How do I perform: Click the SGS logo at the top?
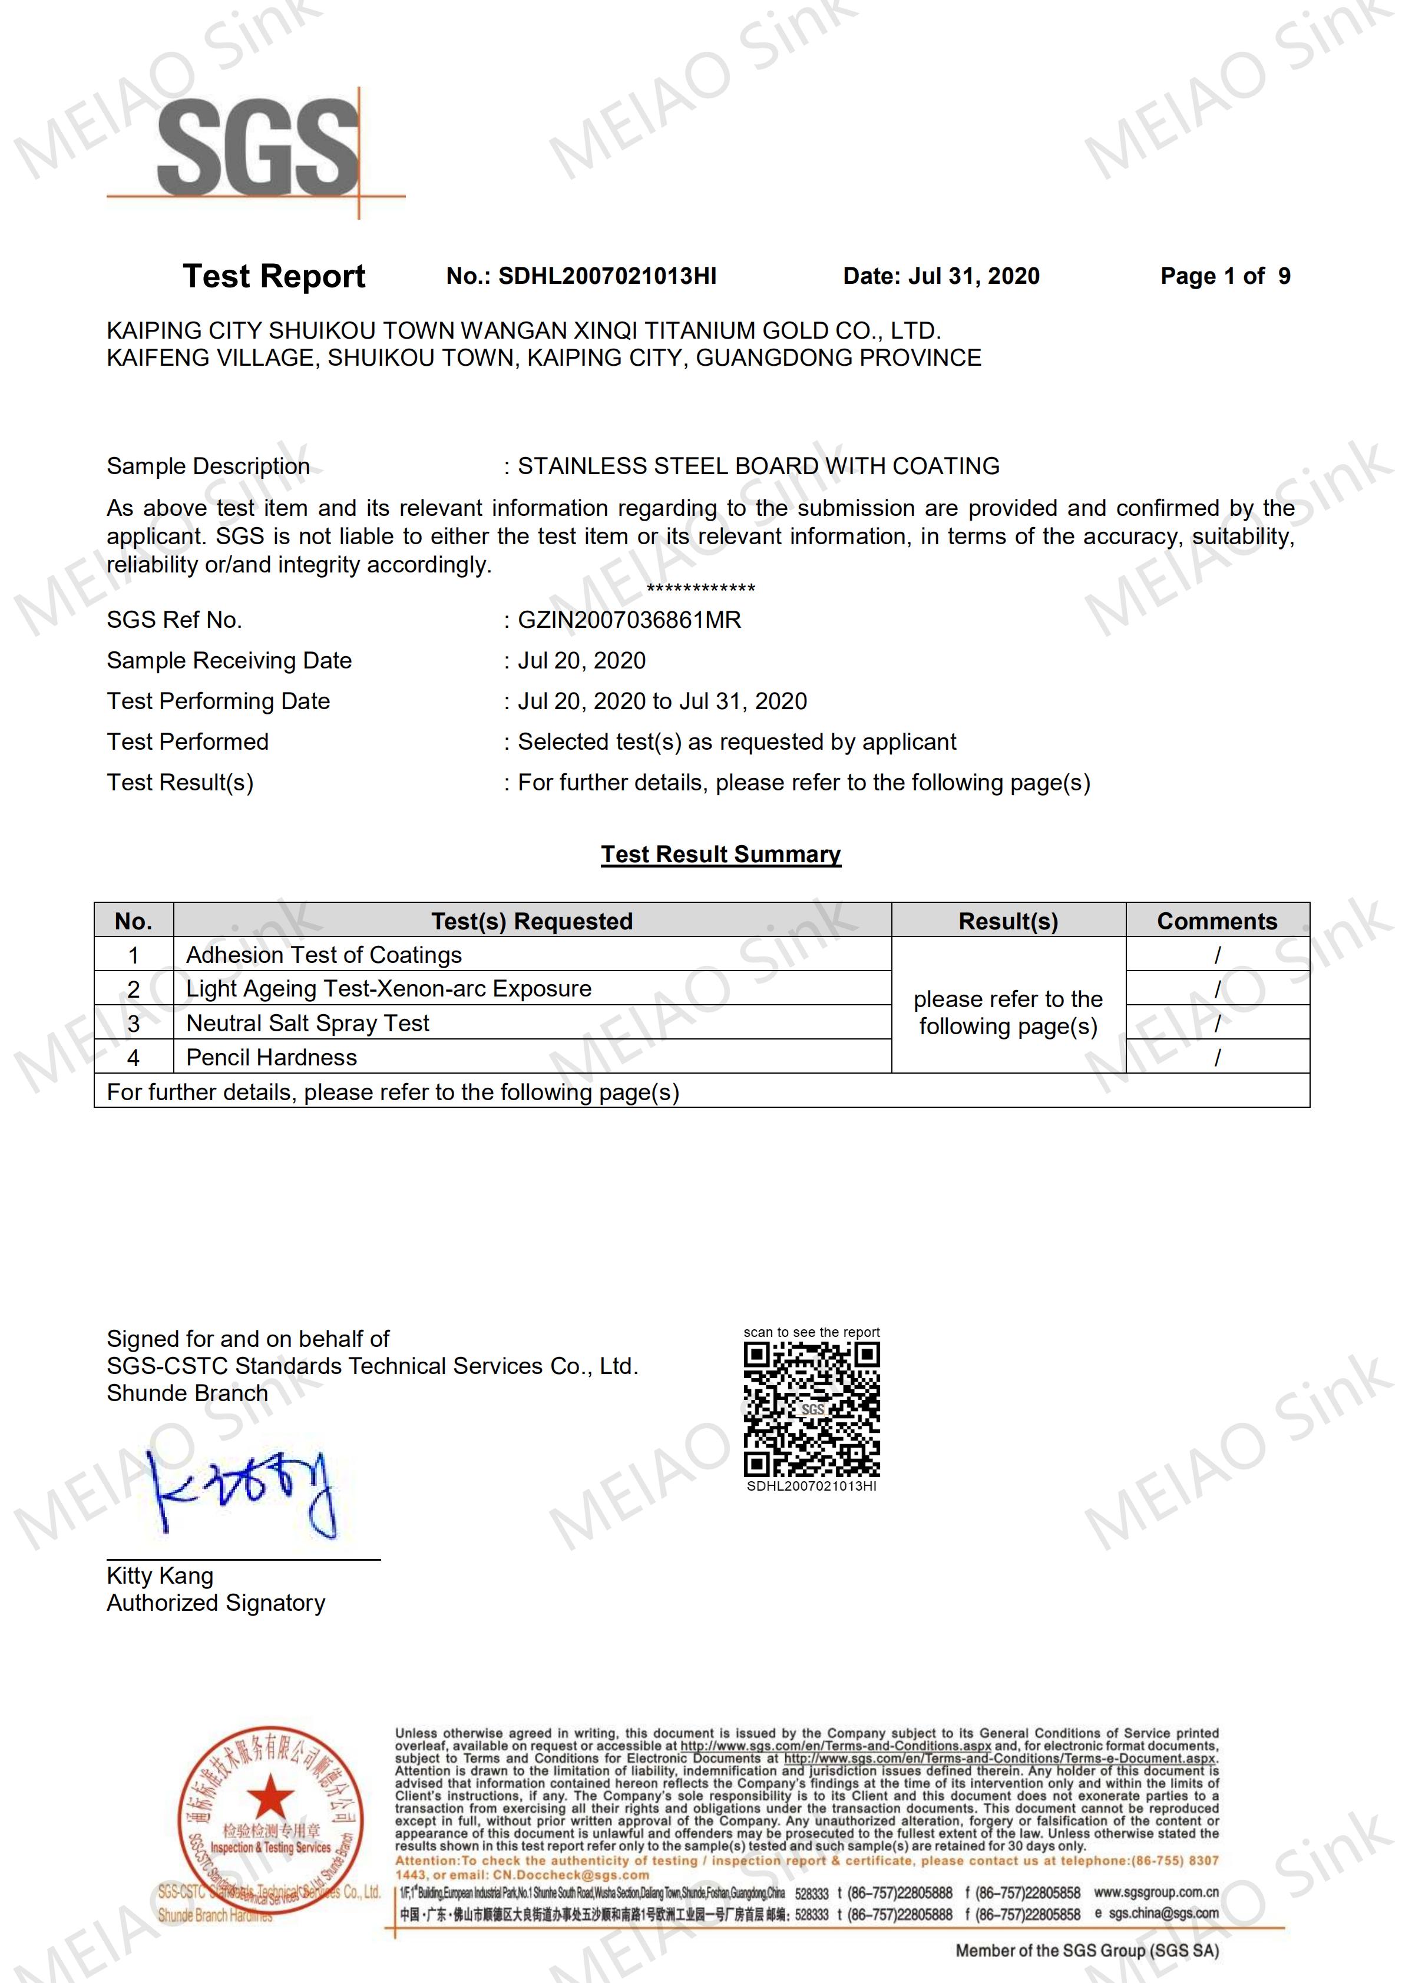click(x=257, y=148)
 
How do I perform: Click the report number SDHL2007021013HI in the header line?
click(x=607, y=276)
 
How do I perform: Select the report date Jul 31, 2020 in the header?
click(x=974, y=276)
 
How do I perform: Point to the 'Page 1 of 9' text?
click(x=1225, y=276)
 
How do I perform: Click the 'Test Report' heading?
click(x=274, y=276)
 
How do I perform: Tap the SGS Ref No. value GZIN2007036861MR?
click(x=629, y=620)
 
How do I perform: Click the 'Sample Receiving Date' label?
click(x=229, y=661)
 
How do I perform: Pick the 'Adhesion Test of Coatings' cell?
click(x=324, y=955)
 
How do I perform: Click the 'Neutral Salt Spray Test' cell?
click(x=307, y=1024)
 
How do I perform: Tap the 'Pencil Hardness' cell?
click(x=271, y=1058)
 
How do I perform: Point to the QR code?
click(x=811, y=1409)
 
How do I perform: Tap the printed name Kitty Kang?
click(x=160, y=1575)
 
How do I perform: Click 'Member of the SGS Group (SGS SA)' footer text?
click(x=1087, y=1949)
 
